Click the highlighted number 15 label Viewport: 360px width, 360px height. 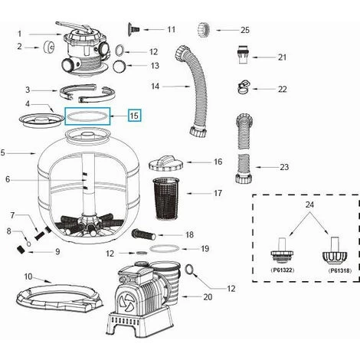click(x=134, y=116)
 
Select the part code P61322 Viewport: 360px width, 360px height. click(x=282, y=270)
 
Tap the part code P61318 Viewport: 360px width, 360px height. click(x=339, y=270)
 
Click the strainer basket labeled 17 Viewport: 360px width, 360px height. click(x=167, y=198)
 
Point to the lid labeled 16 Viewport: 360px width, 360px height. click(x=166, y=162)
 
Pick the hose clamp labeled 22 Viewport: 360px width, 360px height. click(x=244, y=87)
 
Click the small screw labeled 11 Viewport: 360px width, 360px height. click(x=133, y=29)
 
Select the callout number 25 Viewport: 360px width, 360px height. click(x=245, y=30)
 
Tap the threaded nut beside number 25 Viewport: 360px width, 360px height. click(x=204, y=30)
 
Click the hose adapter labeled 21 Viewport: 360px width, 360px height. click(x=244, y=54)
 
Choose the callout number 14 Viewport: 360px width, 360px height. click(x=155, y=87)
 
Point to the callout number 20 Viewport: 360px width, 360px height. click(x=208, y=297)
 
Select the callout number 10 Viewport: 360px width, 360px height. click(x=28, y=277)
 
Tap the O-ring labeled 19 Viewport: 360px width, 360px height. click(x=165, y=248)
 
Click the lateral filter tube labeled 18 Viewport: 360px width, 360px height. click(x=144, y=234)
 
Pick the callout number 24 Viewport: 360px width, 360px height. click(x=309, y=205)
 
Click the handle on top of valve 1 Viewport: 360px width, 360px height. click(x=74, y=26)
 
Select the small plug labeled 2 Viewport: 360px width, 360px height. click(x=48, y=47)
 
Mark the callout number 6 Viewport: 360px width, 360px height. click(x=8, y=179)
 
